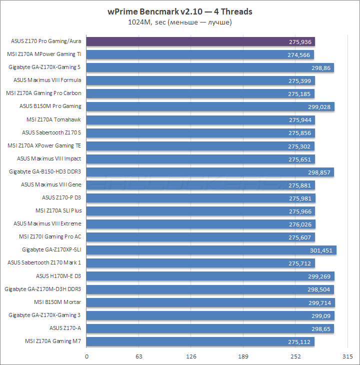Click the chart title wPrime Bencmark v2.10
(180, 11)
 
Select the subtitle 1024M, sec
(180, 22)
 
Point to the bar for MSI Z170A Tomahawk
(200, 120)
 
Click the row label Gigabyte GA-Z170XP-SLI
(51, 250)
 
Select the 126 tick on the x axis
(191, 356)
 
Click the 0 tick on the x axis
(87, 356)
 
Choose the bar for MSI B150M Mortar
(210, 302)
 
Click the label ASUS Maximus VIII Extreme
(47, 223)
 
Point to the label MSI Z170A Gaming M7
(53, 341)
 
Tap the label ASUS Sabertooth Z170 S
(51, 132)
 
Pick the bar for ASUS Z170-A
(210, 328)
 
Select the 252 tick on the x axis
(296, 356)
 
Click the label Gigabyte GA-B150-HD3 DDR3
(45, 171)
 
